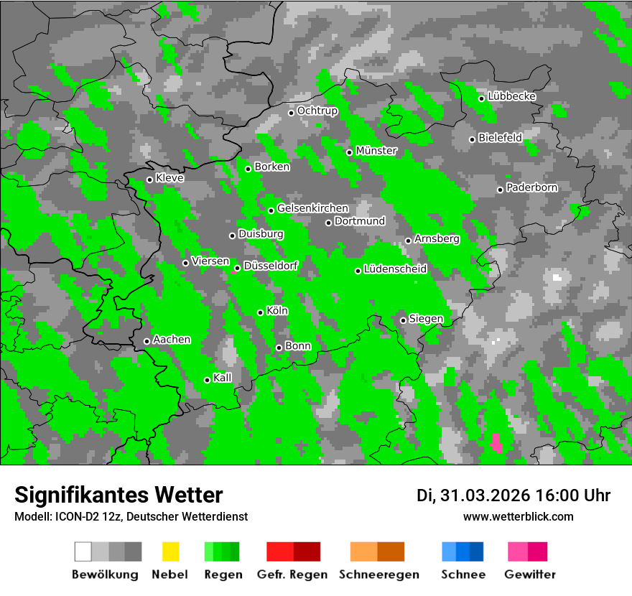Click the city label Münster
376,151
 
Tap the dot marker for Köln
261,312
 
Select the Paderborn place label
531,188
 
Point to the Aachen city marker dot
147,341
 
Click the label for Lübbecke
511,96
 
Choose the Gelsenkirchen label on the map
312,208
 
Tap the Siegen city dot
404,320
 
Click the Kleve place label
169,178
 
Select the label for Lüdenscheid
395,269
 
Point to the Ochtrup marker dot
292,112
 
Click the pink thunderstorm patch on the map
496,442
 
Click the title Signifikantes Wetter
118,495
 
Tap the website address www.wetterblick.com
518,516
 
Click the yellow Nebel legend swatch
171,551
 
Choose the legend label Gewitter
529,574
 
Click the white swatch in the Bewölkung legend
83,551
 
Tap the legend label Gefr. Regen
292,574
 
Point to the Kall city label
223,378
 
